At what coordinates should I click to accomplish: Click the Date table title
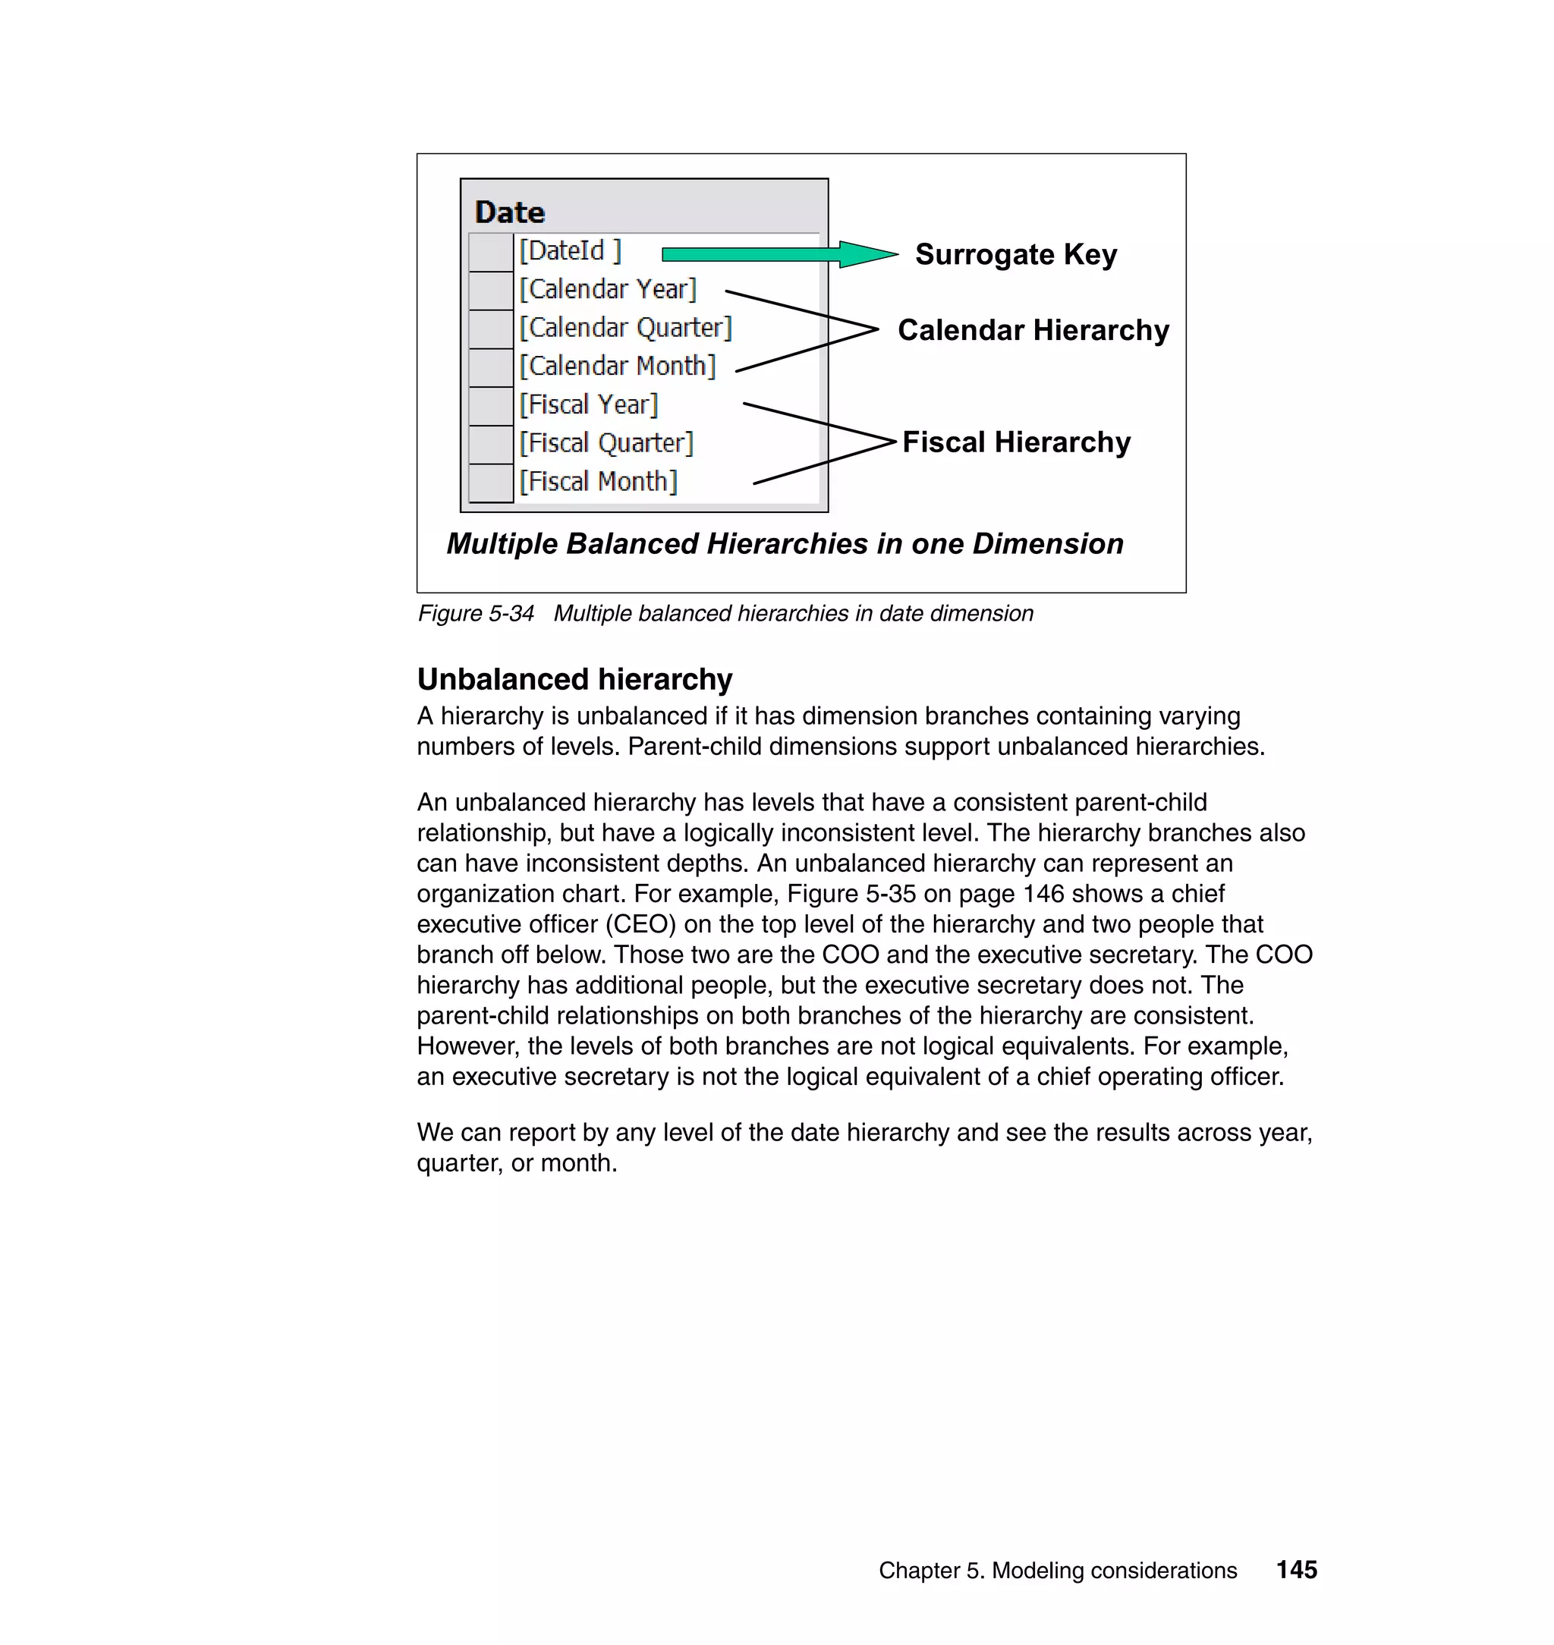pyautogui.click(x=509, y=213)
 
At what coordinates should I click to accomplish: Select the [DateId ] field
pyautogui.click(x=570, y=251)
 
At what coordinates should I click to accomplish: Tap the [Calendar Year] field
pyautogui.click(x=607, y=289)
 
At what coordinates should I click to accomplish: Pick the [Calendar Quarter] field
pyautogui.click(x=625, y=328)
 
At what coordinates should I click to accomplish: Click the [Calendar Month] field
pyautogui.click(x=617, y=366)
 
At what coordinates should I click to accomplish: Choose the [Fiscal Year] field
pyautogui.click(x=588, y=405)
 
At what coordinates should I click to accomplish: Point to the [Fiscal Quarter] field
pyautogui.click(x=606, y=443)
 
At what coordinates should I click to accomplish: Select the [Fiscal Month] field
pyautogui.click(x=598, y=482)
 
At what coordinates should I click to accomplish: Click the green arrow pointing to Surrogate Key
pyautogui.click(x=779, y=254)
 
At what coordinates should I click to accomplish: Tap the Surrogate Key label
pyautogui.click(x=1015, y=254)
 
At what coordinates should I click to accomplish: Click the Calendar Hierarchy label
pyautogui.click(x=1033, y=331)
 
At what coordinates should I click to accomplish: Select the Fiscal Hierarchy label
pyautogui.click(x=1015, y=442)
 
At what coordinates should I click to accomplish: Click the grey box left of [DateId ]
pyautogui.click(x=490, y=252)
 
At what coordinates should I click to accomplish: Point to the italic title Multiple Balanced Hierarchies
pyautogui.click(x=785, y=544)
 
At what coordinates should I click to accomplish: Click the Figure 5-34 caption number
pyautogui.click(x=476, y=614)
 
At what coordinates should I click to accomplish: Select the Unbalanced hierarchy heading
pyautogui.click(x=574, y=679)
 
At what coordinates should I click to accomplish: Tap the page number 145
pyautogui.click(x=1296, y=1570)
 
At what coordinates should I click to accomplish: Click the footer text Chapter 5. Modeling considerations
pyautogui.click(x=1057, y=1571)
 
